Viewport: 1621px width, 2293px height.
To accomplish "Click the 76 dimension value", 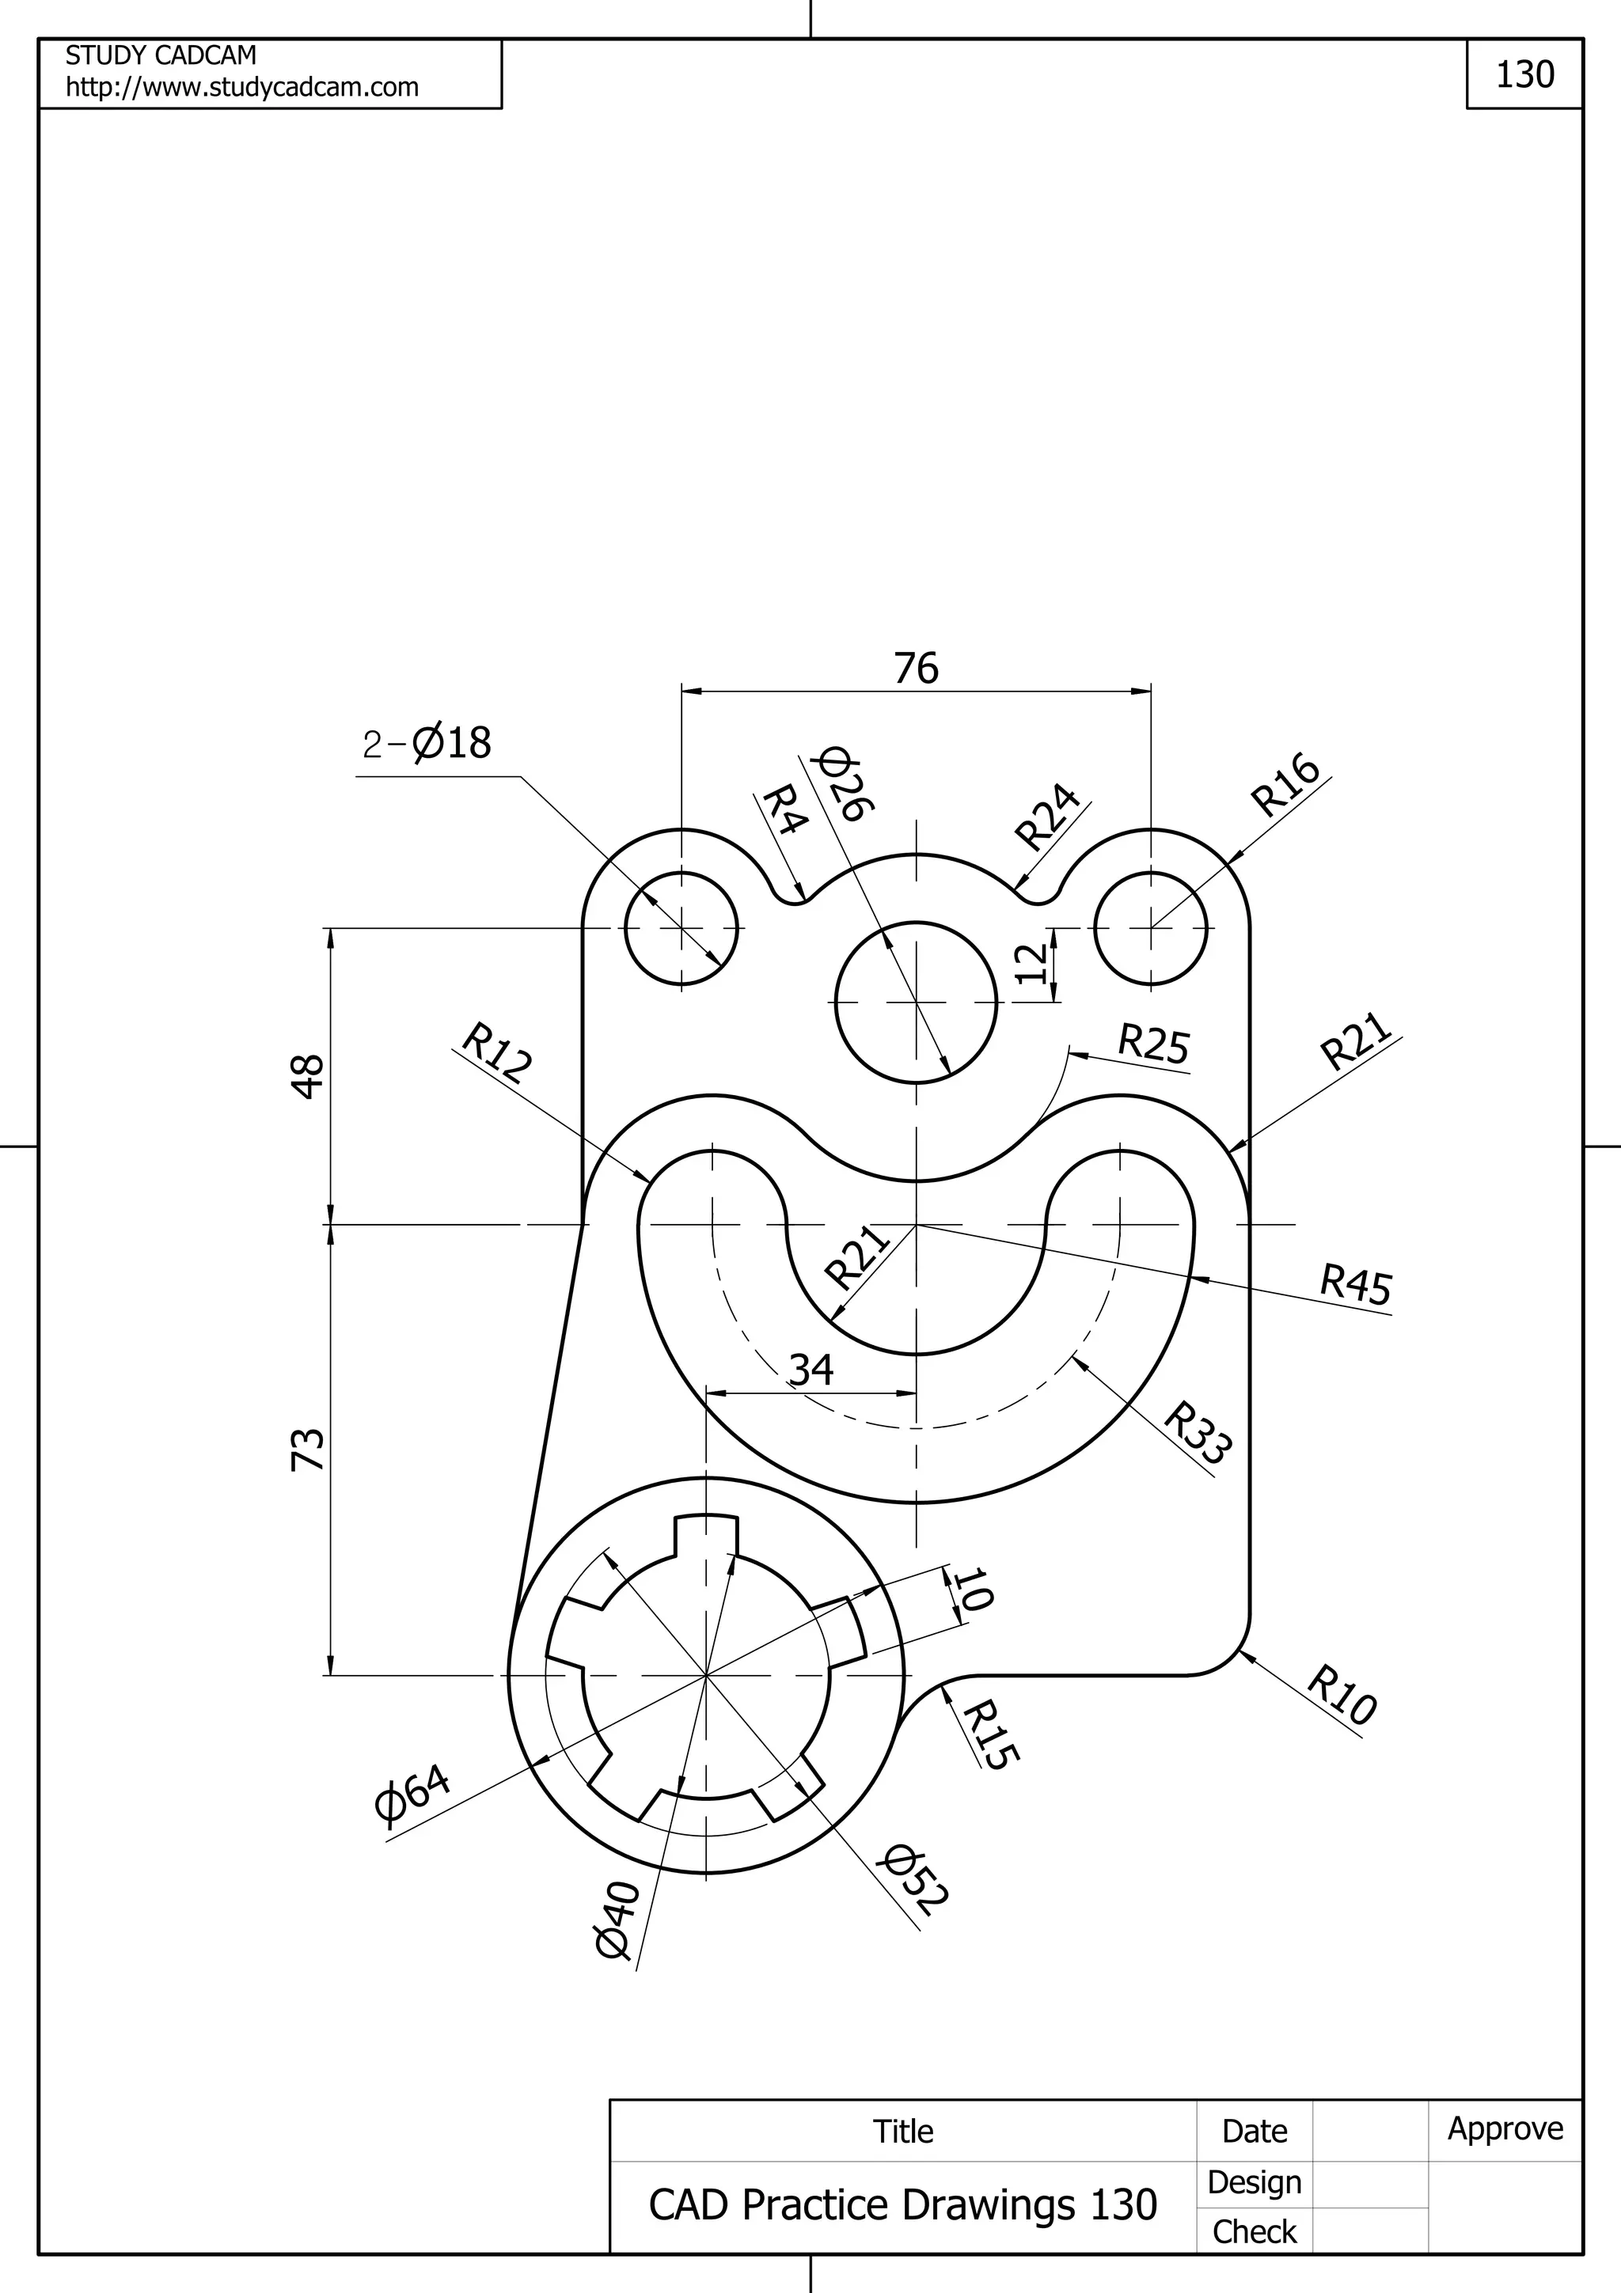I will [916, 668].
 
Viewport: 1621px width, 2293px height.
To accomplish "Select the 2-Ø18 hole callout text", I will [427, 744].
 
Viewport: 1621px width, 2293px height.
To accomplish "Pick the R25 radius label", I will [1153, 1044].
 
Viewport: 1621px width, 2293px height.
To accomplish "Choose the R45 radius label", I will [1355, 1284].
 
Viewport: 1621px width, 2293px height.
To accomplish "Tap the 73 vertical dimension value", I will [309, 1449].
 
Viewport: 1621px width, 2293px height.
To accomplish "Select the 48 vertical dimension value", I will [309, 1077].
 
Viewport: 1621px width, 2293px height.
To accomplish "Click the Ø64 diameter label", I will [412, 1793].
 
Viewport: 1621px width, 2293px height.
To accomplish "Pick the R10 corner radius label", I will [1342, 1695].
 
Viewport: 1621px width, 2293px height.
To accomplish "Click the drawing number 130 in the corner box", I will [1524, 75].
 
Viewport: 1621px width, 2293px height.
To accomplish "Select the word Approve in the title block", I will [1505, 2128].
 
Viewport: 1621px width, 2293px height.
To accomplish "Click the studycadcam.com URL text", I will [241, 87].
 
